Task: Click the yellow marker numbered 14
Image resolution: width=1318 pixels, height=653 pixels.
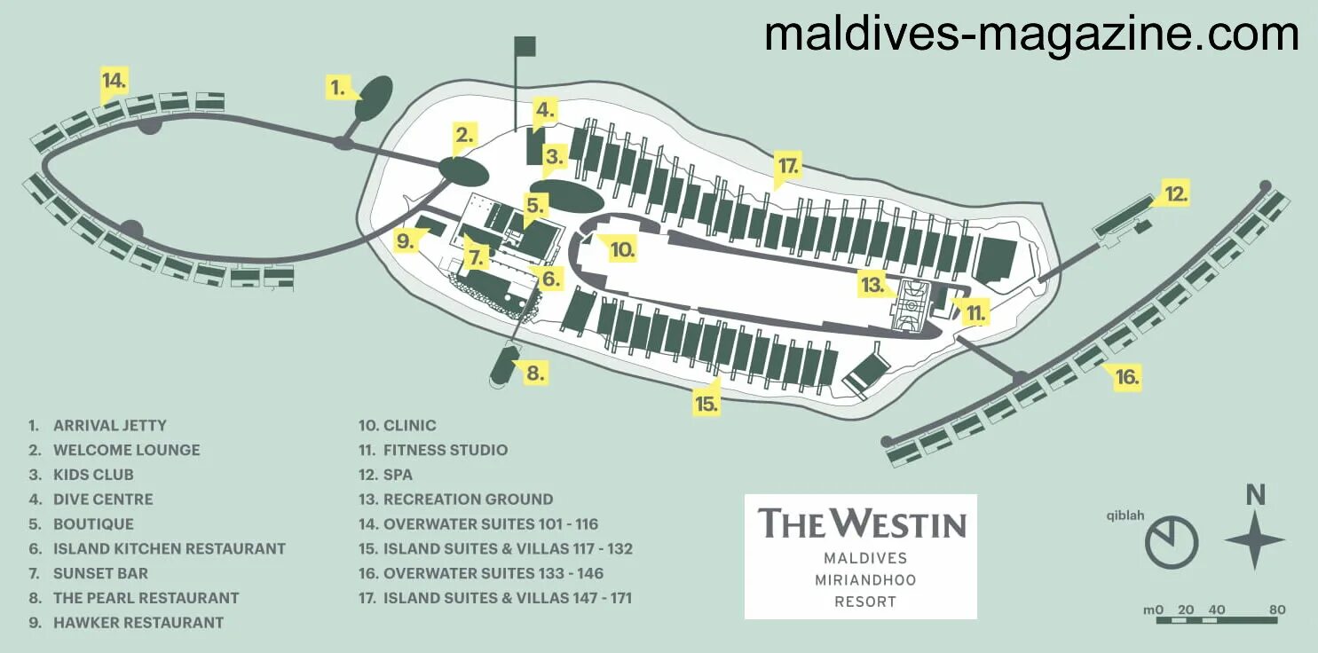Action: coord(113,81)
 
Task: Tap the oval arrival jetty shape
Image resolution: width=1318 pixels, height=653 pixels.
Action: coord(374,98)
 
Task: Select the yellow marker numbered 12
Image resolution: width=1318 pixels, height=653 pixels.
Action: coord(1176,193)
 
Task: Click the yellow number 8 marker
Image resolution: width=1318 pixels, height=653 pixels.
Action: coord(534,373)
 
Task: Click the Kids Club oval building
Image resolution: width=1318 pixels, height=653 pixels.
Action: coord(572,195)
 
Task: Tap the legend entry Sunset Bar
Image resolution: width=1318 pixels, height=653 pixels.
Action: coord(100,573)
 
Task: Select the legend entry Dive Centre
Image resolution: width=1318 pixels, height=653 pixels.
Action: coord(103,500)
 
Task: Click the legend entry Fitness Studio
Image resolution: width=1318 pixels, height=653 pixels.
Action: coord(445,450)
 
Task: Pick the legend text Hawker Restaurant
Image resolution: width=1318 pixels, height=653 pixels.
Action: coord(138,623)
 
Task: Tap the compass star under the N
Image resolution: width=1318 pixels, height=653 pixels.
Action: coord(1255,539)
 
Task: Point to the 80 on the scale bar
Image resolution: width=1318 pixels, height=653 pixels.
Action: coord(1276,610)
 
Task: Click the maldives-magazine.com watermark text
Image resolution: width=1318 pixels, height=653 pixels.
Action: coord(1031,35)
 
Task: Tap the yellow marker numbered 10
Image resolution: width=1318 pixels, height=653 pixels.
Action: coord(622,250)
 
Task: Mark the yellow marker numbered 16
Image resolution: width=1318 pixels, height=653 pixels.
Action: coord(1126,377)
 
